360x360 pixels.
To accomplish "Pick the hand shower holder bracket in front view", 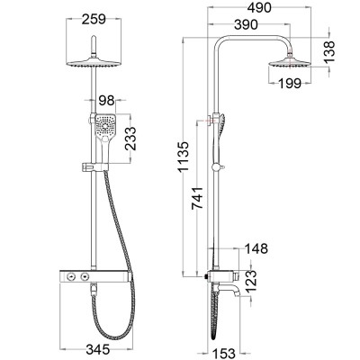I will coord(93,165).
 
